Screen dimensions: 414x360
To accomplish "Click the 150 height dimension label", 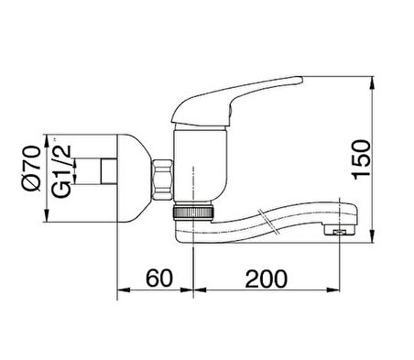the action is pos(362,159).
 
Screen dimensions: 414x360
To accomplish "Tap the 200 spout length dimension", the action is pos(267,278).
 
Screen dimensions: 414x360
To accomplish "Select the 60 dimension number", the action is pos(159,278).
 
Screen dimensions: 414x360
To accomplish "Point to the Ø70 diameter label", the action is pos(31,169).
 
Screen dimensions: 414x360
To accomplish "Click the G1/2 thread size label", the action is pos(61,171).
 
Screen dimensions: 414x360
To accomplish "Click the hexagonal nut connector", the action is pos(162,180).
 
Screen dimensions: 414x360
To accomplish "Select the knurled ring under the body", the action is pos(192,213).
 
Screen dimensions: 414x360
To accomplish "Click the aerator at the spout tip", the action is pos(340,231).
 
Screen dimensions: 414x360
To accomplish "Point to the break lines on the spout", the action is pos(268,222).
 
